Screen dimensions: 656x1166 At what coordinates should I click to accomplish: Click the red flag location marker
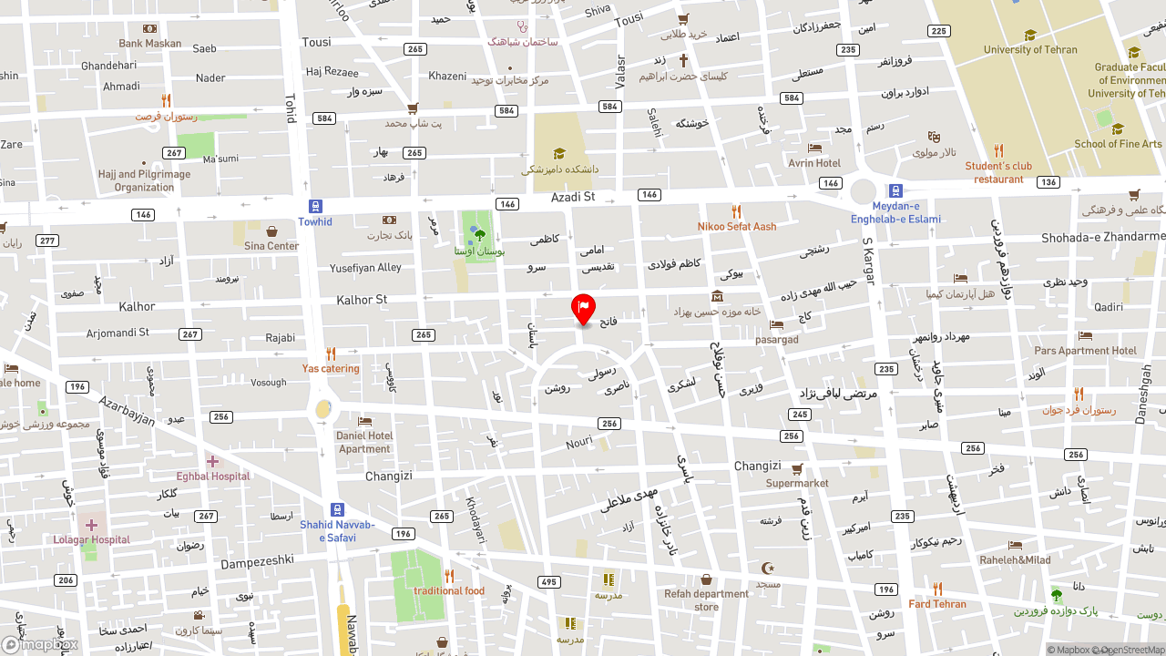pyautogui.click(x=583, y=308)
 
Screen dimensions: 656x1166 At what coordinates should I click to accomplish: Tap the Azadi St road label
pyautogui.click(x=572, y=197)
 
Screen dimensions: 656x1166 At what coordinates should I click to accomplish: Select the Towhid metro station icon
pyautogui.click(x=315, y=207)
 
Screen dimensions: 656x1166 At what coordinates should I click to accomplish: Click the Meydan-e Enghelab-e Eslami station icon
pyautogui.click(x=895, y=191)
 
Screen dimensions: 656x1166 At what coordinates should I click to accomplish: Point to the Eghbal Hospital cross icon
pyautogui.click(x=212, y=462)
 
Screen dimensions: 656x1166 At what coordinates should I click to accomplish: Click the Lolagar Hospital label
pyautogui.click(x=91, y=539)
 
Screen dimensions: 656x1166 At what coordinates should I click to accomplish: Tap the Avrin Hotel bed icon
pyautogui.click(x=814, y=148)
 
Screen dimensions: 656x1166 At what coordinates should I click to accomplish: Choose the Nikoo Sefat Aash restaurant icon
pyautogui.click(x=736, y=211)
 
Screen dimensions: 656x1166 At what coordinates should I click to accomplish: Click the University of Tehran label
pyautogui.click(x=1030, y=50)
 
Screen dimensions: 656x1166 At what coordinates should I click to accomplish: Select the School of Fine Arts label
pyautogui.click(x=1118, y=144)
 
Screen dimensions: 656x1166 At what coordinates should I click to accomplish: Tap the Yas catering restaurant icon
pyautogui.click(x=331, y=354)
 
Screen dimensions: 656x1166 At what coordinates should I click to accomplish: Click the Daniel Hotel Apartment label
pyautogui.click(x=364, y=442)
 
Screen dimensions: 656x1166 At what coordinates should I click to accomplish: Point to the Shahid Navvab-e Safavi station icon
pyautogui.click(x=337, y=509)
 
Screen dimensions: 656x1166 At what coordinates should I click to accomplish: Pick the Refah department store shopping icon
pyautogui.click(x=706, y=579)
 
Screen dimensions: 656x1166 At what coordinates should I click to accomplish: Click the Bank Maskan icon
pyautogui.click(x=149, y=29)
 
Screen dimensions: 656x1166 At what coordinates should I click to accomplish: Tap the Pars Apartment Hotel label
pyautogui.click(x=1085, y=351)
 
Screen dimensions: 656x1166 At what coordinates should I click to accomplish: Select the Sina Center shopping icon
pyautogui.click(x=271, y=231)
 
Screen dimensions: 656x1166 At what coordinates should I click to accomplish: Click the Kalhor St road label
pyautogui.click(x=362, y=300)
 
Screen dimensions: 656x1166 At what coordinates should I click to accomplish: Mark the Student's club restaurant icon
pyautogui.click(x=998, y=151)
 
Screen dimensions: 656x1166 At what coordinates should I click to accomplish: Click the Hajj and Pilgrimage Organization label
pyautogui.click(x=144, y=180)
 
